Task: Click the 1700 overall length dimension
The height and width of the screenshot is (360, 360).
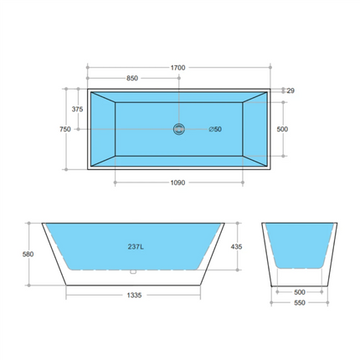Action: pos(177,67)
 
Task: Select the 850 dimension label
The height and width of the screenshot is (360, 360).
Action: pos(132,78)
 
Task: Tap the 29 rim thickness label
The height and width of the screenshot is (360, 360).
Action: pos(290,90)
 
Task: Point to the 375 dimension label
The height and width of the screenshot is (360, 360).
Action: pos(77,109)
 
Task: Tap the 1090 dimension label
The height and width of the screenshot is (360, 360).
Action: pos(177,182)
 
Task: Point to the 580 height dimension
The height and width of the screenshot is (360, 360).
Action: pos(28,255)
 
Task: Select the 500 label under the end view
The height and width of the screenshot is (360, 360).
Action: pos(299,292)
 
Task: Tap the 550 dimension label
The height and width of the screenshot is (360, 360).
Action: pos(299,305)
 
